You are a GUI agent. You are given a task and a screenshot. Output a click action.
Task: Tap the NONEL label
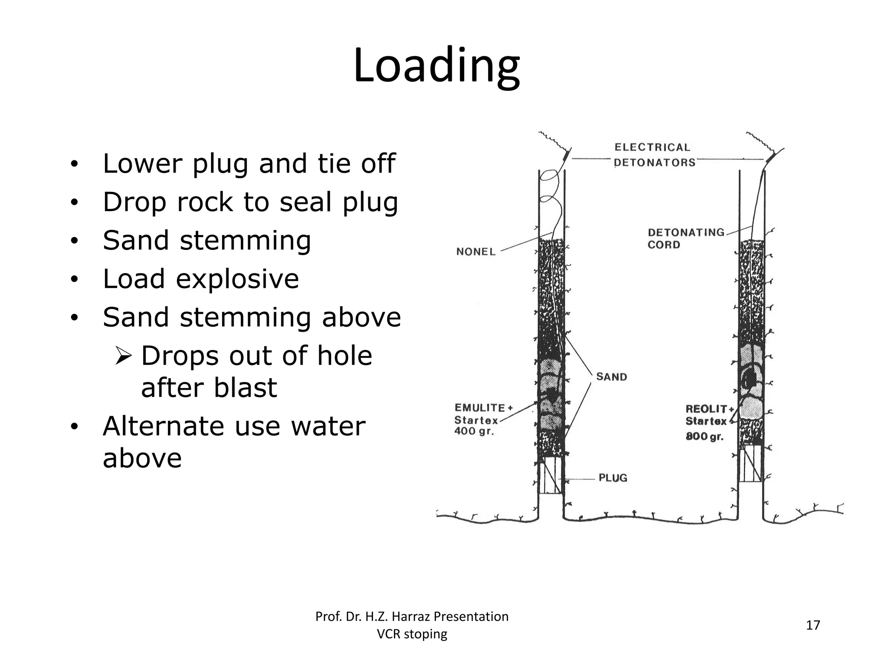[x=476, y=252]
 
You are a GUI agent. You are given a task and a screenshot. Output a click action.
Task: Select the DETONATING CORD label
[x=685, y=238]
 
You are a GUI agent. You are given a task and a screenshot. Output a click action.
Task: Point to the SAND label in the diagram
[x=611, y=377]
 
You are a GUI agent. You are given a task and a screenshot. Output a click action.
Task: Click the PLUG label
[x=613, y=478]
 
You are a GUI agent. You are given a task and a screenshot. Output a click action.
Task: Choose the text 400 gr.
[x=474, y=431]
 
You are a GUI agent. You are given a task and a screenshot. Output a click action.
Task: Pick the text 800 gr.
[x=704, y=436]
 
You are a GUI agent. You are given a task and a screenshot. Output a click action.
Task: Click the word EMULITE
[x=480, y=408]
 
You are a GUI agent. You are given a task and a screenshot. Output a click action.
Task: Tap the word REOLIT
[x=706, y=409]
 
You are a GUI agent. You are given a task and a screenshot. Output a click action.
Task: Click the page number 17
[x=813, y=625]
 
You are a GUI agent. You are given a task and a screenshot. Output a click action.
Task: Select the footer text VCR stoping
[x=412, y=634]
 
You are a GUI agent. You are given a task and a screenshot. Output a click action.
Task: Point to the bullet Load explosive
[x=201, y=279]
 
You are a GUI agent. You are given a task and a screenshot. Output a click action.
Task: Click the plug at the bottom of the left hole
[x=551, y=478]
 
